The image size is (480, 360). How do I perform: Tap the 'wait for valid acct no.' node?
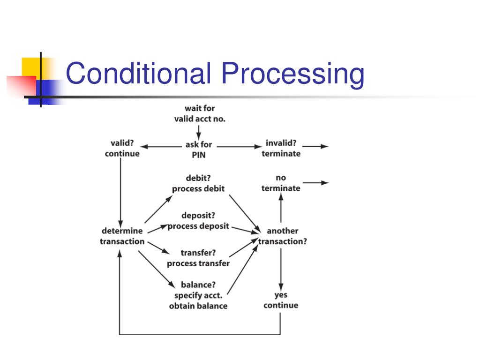[200, 113]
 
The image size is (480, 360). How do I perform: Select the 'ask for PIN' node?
[199, 150]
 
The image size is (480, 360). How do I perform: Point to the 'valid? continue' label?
[122, 148]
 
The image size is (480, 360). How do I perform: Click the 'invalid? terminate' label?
[281, 148]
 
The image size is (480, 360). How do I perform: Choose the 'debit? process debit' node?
[198, 183]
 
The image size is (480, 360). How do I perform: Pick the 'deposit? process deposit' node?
[198, 221]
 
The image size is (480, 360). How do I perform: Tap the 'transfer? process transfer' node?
[198, 258]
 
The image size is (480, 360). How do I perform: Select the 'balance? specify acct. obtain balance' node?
[198, 295]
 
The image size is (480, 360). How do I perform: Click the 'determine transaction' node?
[122, 236]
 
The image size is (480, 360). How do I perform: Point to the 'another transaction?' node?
[283, 236]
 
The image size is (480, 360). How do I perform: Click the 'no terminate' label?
[281, 183]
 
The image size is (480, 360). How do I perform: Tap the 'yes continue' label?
[281, 300]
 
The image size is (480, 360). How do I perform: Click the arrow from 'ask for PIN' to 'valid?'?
[162, 147]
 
